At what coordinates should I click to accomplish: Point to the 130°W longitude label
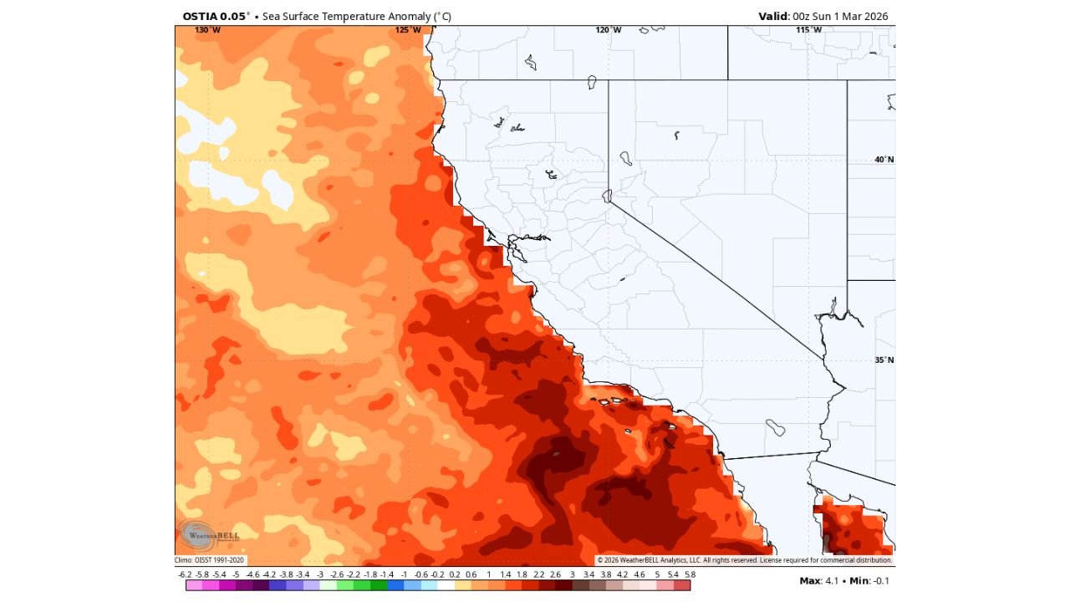[208, 30]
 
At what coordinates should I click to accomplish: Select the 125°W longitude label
[408, 30]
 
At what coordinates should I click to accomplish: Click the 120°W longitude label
[609, 30]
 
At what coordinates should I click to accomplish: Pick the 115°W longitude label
[808, 30]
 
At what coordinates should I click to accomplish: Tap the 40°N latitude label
[884, 159]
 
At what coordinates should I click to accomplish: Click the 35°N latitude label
[884, 360]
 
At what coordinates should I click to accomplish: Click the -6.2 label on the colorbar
[186, 574]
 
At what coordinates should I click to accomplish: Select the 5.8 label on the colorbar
[689, 574]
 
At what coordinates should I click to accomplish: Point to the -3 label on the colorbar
[320, 574]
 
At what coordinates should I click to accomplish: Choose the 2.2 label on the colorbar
[538, 574]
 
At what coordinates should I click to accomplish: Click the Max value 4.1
[832, 580]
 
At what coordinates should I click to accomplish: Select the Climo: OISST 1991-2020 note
[210, 560]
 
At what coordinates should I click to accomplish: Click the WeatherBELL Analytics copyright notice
[744, 560]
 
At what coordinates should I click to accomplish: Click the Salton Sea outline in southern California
[777, 428]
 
